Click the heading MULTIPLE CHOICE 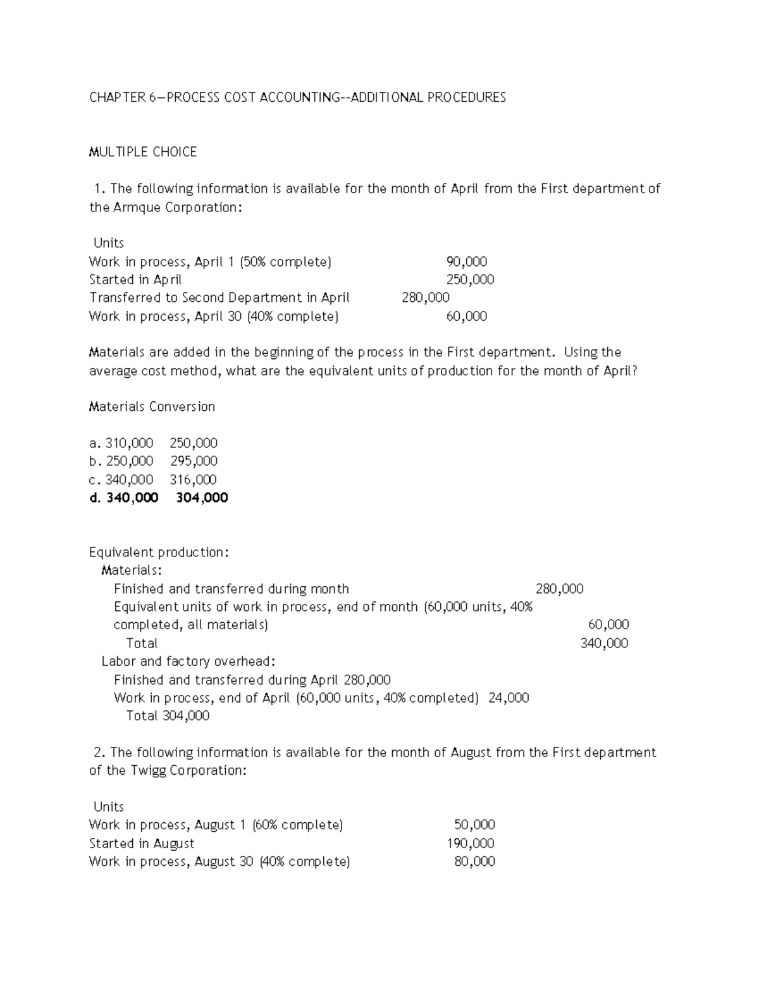point(143,152)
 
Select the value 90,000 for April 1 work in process point(466,262)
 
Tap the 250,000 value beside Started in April point(470,280)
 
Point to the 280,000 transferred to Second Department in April point(426,298)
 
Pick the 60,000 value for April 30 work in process point(466,316)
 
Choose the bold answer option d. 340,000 point(124,498)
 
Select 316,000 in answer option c point(193,480)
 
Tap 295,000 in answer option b point(194,461)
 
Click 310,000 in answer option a point(129,443)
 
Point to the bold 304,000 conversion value point(202,498)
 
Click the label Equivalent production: point(159,553)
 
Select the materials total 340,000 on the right point(604,644)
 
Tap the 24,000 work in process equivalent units point(509,698)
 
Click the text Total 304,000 point(168,716)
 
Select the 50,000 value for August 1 point(474,825)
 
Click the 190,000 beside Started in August point(471,843)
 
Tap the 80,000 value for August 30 point(474,861)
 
